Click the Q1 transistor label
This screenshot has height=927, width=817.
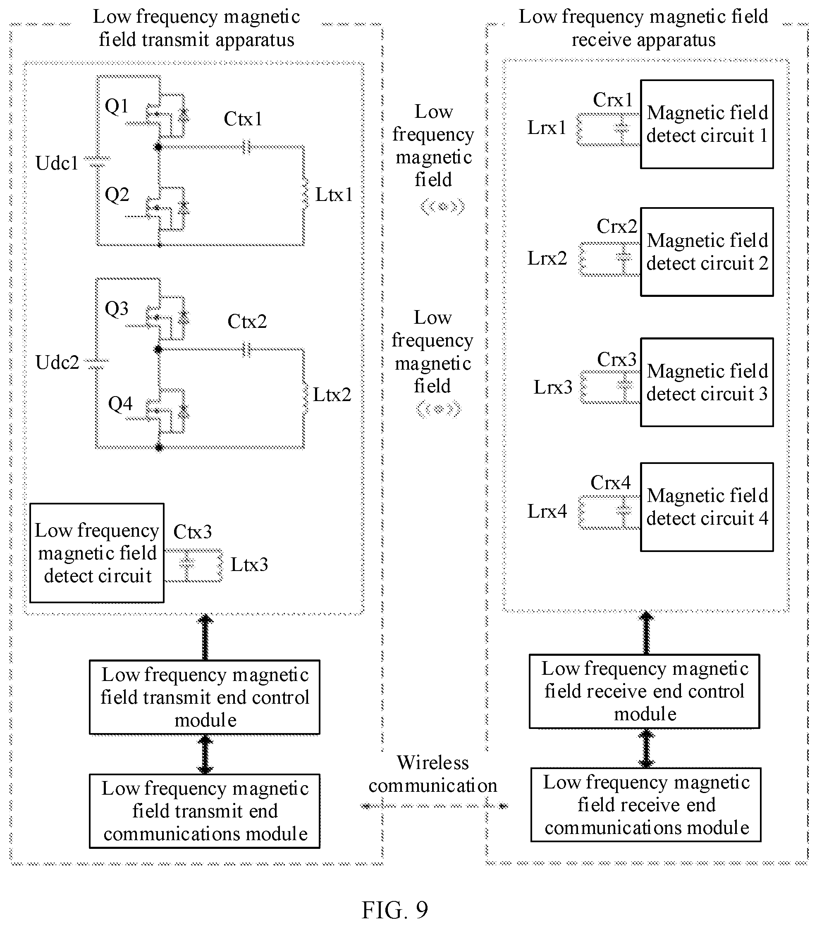pyautogui.click(x=117, y=107)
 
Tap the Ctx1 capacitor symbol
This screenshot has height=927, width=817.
pyautogui.click(x=246, y=147)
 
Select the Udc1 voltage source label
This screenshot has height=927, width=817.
pyautogui.click(x=57, y=163)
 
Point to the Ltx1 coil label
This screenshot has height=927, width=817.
pyautogui.click(x=334, y=195)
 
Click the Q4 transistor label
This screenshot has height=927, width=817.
pyautogui.click(x=120, y=404)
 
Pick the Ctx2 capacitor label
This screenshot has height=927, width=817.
pyautogui.click(x=247, y=322)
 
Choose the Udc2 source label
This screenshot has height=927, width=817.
pyautogui.click(x=57, y=362)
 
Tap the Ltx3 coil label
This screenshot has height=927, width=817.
pyautogui.click(x=249, y=565)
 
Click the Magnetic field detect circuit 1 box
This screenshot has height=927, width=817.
pyautogui.click(x=707, y=124)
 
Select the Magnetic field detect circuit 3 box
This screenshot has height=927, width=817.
pyautogui.click(x=707, y=382)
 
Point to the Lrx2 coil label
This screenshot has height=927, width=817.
pyautogui.click(x=547, y=258)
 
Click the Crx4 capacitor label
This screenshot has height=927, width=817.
pyautogui.click(x=611, y=483)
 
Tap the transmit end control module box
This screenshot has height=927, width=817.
pyautogui.click(x=205, y=697)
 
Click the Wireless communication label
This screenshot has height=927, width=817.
pyautogui.click(x=433, y=774)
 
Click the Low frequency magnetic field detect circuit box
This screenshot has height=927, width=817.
pyautogui.click(x=97, y=553)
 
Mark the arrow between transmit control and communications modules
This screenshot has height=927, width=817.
pyautogui.click(x=205, y=754)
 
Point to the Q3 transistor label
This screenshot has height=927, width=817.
pyautogui.click(x=117, y=309)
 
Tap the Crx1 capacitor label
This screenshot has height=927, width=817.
pyautogui.click(x=613, y=100)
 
